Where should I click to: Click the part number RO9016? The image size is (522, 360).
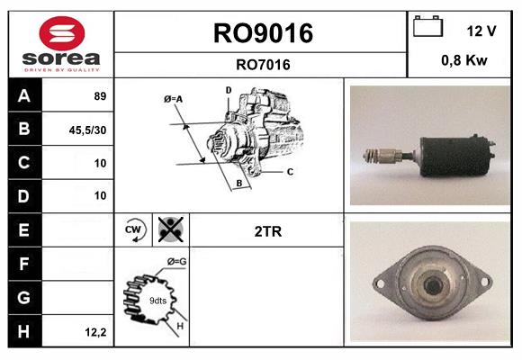coord(262,33)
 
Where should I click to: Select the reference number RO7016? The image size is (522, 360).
coord(262,64)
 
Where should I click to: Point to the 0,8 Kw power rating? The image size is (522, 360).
coord(463,62)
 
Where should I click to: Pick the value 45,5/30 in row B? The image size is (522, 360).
coord(88,130)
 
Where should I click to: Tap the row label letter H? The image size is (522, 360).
coord(23,331)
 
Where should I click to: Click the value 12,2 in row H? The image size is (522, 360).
coord(94,332)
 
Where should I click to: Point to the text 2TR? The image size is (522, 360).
coord(268,231)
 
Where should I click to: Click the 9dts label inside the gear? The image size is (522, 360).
coord(157,301)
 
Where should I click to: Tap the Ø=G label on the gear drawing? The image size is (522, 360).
coord(176,261)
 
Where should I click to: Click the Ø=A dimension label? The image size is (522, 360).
coord(174,98)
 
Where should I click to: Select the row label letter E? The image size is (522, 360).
coord(23,230)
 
